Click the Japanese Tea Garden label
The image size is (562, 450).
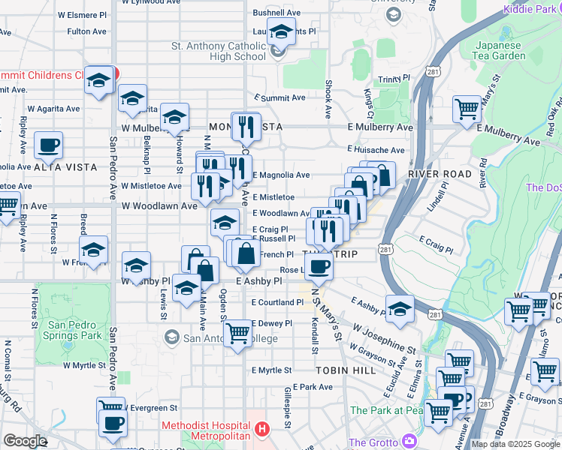point(499,50)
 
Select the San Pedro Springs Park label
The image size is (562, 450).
point(74,330)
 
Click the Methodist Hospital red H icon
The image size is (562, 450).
point(261,430)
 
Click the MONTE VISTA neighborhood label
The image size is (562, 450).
point(245,127)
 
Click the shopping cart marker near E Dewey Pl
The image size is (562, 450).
point(237,331)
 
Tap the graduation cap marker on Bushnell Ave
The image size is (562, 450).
point(281,32)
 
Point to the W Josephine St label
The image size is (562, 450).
point(384,340)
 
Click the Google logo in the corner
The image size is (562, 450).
point(24,441)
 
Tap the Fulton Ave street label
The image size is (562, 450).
point(86,31)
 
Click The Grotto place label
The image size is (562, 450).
point(374,442)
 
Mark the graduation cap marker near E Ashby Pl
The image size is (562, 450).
point(400,308)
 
